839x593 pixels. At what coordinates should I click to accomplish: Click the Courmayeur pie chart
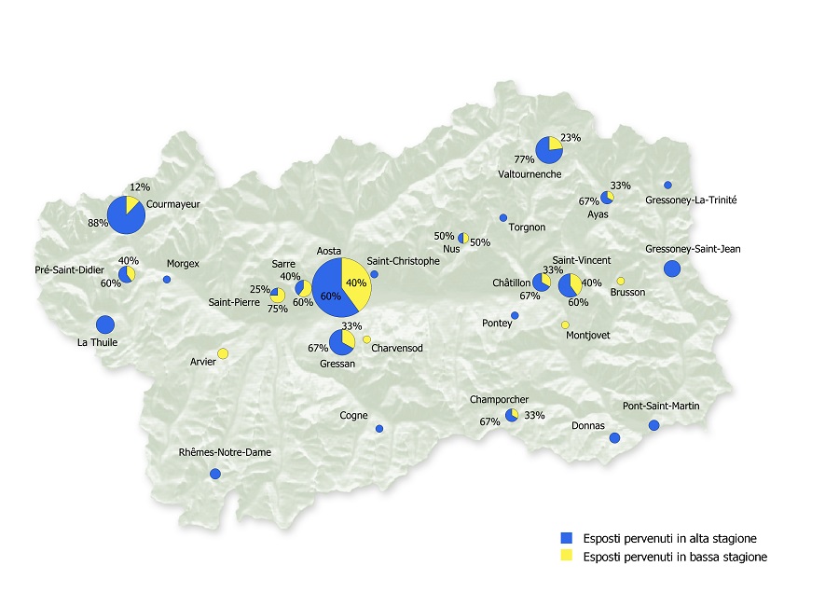click(x=125, y=215)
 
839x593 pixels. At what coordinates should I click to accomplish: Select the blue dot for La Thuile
click(x=104, y=324)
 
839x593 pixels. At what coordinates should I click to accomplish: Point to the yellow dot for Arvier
click(x=223, y=353)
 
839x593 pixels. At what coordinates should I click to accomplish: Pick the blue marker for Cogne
click(x=378, y=429)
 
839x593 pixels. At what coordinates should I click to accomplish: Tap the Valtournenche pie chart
click(x=548, y=147)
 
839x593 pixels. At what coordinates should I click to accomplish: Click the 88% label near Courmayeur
click(x=98, y=223)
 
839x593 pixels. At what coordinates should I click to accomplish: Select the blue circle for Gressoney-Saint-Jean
click(x=672, y=269)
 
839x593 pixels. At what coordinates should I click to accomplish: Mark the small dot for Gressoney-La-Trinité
click(x=667, y=185)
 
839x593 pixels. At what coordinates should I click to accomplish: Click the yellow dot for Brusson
click(x=620, y=281)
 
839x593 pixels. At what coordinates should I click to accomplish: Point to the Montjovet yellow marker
click(x=565, y=324)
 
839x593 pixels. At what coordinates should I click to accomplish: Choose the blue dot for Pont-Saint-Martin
click(x=653, y=425)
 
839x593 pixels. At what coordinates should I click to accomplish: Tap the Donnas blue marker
click(x=614, y=437)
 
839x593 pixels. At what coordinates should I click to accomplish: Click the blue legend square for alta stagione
click(x=565, y=539)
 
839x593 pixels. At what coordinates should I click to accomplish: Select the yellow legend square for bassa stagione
click(x=565, y=557)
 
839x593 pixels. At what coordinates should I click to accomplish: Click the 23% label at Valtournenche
click(x=571, y=138)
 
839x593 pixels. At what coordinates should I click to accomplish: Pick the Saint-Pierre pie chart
click(x=277, y=296)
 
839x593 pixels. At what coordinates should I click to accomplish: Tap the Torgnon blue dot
click(x=503, y=217)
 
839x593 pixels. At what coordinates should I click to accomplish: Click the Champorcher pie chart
click(x=511, y=415)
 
